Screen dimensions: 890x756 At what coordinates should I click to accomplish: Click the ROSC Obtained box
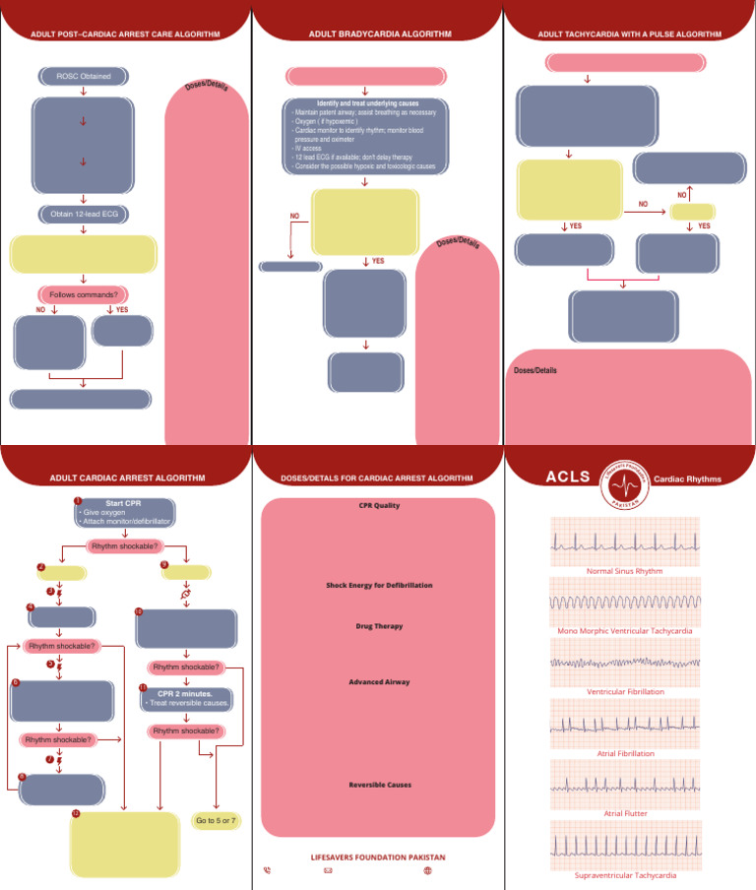tap(83, 76)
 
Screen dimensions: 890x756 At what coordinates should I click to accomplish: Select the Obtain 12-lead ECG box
tap(83, 214)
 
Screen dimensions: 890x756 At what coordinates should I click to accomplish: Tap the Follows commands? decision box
tap(84, 294)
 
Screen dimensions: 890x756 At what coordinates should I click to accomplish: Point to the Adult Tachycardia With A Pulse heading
tap(629, 33)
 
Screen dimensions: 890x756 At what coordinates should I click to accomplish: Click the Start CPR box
tap(125, 512)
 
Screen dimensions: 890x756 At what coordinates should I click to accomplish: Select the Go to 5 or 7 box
tap(217, 820)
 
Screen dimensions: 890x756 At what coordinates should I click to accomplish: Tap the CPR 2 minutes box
tap(185, 698)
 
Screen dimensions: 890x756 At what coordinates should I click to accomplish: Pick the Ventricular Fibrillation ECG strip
tap(624, 662)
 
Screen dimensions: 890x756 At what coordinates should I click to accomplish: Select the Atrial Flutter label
tap(625, 813)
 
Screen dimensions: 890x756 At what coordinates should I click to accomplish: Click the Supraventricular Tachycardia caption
tap(624, 874)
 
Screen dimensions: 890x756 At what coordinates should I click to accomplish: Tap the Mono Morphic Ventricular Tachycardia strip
tap(624, 601)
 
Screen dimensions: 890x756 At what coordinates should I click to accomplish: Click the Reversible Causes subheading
tap(379, 785)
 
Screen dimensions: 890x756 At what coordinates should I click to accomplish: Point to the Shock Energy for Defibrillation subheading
tap(379, 585)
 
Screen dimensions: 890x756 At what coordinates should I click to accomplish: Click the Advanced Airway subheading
tap(379, 681)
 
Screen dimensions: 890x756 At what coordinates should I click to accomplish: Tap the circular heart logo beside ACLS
tap(624, 478)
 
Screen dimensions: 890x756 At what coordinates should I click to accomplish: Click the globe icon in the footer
tap(427, 870)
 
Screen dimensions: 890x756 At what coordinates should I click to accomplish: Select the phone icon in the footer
tap(268, 870)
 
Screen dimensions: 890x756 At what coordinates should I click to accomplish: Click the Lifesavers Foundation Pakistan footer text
tap(379, 857)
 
